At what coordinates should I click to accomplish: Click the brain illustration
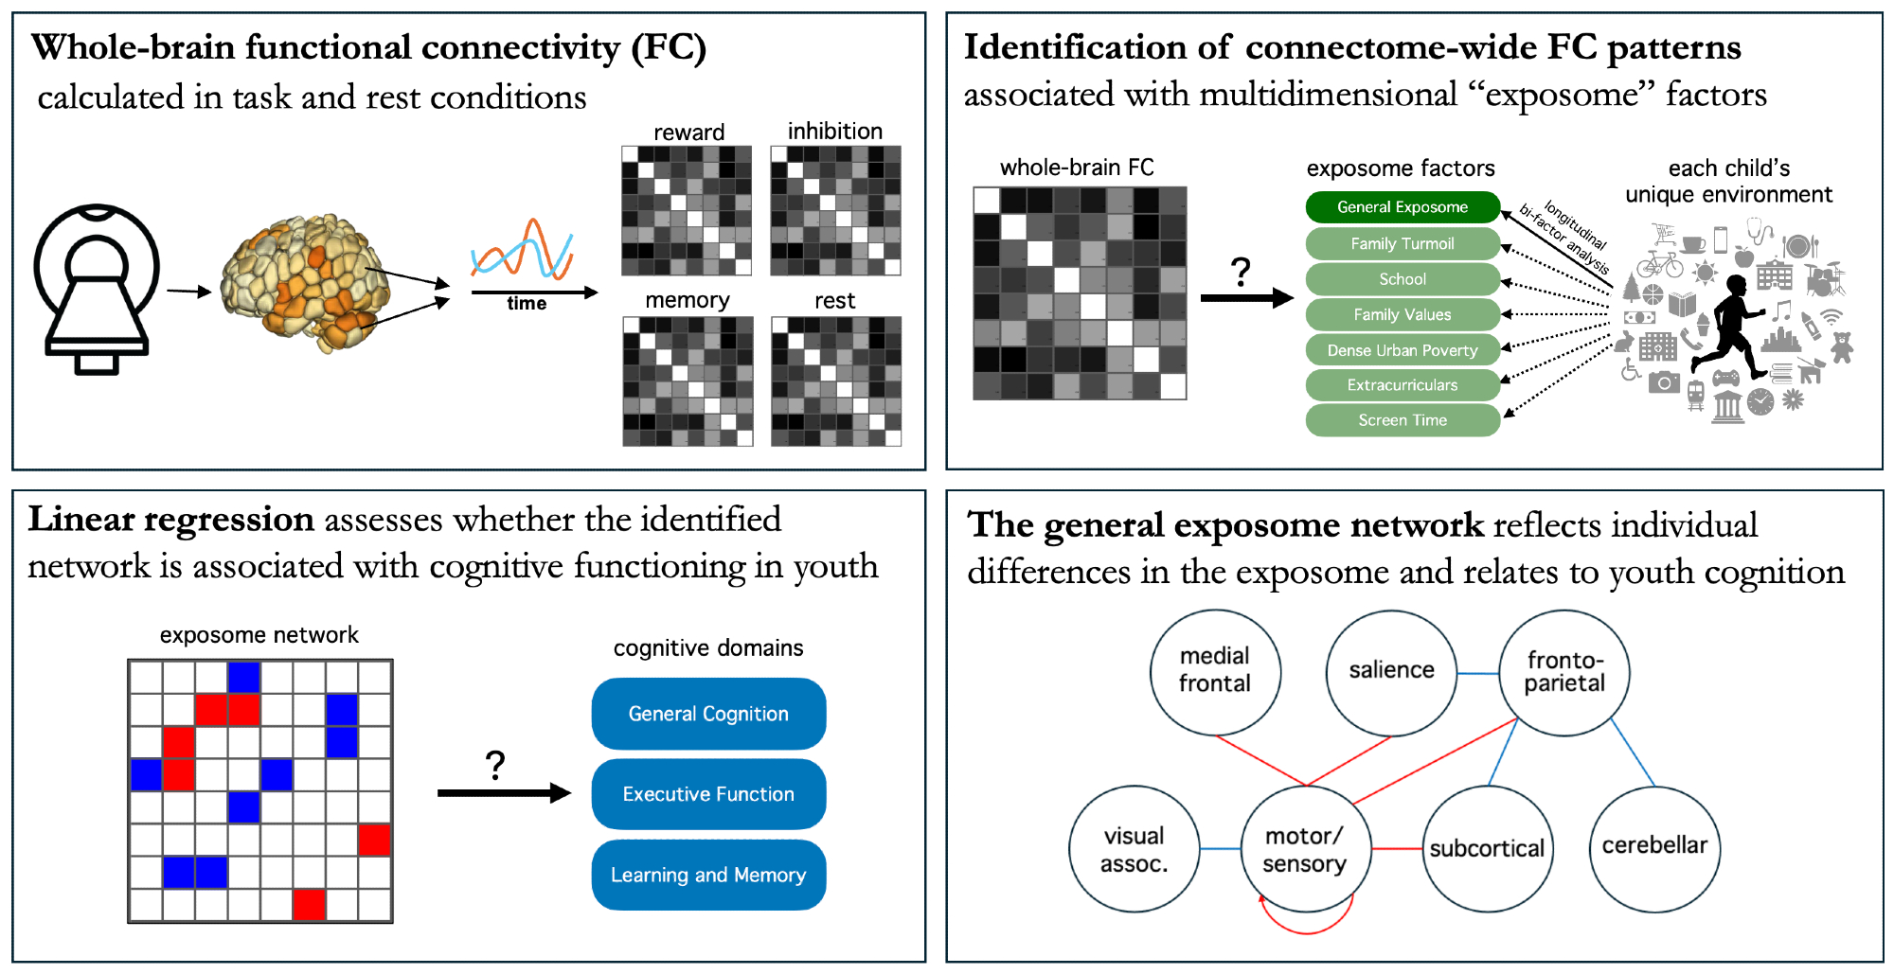[x=306, y=282]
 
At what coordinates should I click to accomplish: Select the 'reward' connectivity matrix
[x=687, y=210]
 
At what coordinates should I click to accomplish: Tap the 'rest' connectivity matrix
[x=835, y=381]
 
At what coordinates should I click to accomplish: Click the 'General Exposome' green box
[x=1402, y=207]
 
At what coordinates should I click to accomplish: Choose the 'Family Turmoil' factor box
[x=1402, y=243]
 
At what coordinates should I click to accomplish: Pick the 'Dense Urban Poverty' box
[x=1402, y=350]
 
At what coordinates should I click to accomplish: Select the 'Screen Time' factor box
[x=1402, y=420]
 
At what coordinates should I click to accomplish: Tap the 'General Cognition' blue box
[x=708, y=714]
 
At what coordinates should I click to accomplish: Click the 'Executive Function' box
[x=708, y=794]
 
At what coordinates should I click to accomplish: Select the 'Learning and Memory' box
[x=708, y=875]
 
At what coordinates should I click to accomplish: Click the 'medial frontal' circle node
[x=1215, y=671]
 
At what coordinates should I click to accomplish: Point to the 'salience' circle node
[x=1391, y=671]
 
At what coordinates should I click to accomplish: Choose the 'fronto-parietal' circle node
[x=1564, y=672]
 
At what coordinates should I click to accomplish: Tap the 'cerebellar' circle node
[x=1654, y=847]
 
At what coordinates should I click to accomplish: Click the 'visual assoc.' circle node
[x=1135, y=849]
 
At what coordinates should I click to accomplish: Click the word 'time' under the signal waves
[x=527, y=304]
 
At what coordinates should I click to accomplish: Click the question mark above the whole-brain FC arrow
[x=1241, y=273]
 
